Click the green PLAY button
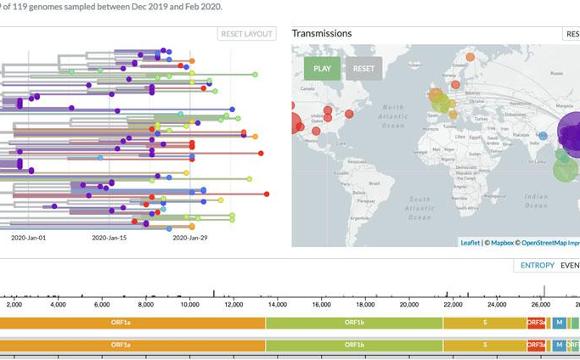(323, 69)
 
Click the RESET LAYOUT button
(245, 34)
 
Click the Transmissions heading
(321, 33)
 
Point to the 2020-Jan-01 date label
(30, 238)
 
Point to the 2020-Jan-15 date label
(112, 238)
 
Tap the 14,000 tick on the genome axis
(276, 305)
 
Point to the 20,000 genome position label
(409, 305)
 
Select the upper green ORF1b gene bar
(354, 322)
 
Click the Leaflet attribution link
(470, 241)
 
